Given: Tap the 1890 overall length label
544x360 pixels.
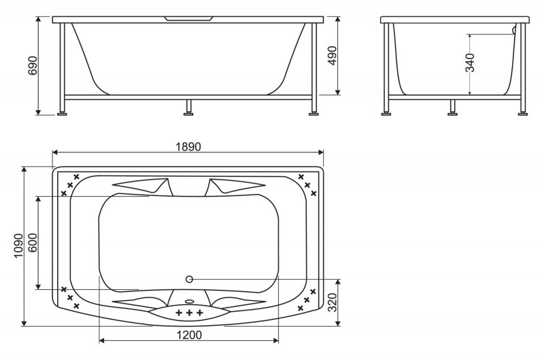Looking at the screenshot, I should [x=188, y=146].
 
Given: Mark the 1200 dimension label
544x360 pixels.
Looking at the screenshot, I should [x=190, y=334].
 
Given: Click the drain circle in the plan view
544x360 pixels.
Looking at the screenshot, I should [x=189, y=279].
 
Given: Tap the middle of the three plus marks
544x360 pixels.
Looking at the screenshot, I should [x=190, y=312].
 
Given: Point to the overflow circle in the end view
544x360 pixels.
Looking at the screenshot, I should [x=514, y=30].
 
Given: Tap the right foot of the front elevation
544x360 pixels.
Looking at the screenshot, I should [x=314, y=112].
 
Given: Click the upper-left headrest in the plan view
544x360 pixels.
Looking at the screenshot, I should [x=143, y=186].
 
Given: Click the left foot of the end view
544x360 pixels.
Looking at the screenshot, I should [x=387, y=112].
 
